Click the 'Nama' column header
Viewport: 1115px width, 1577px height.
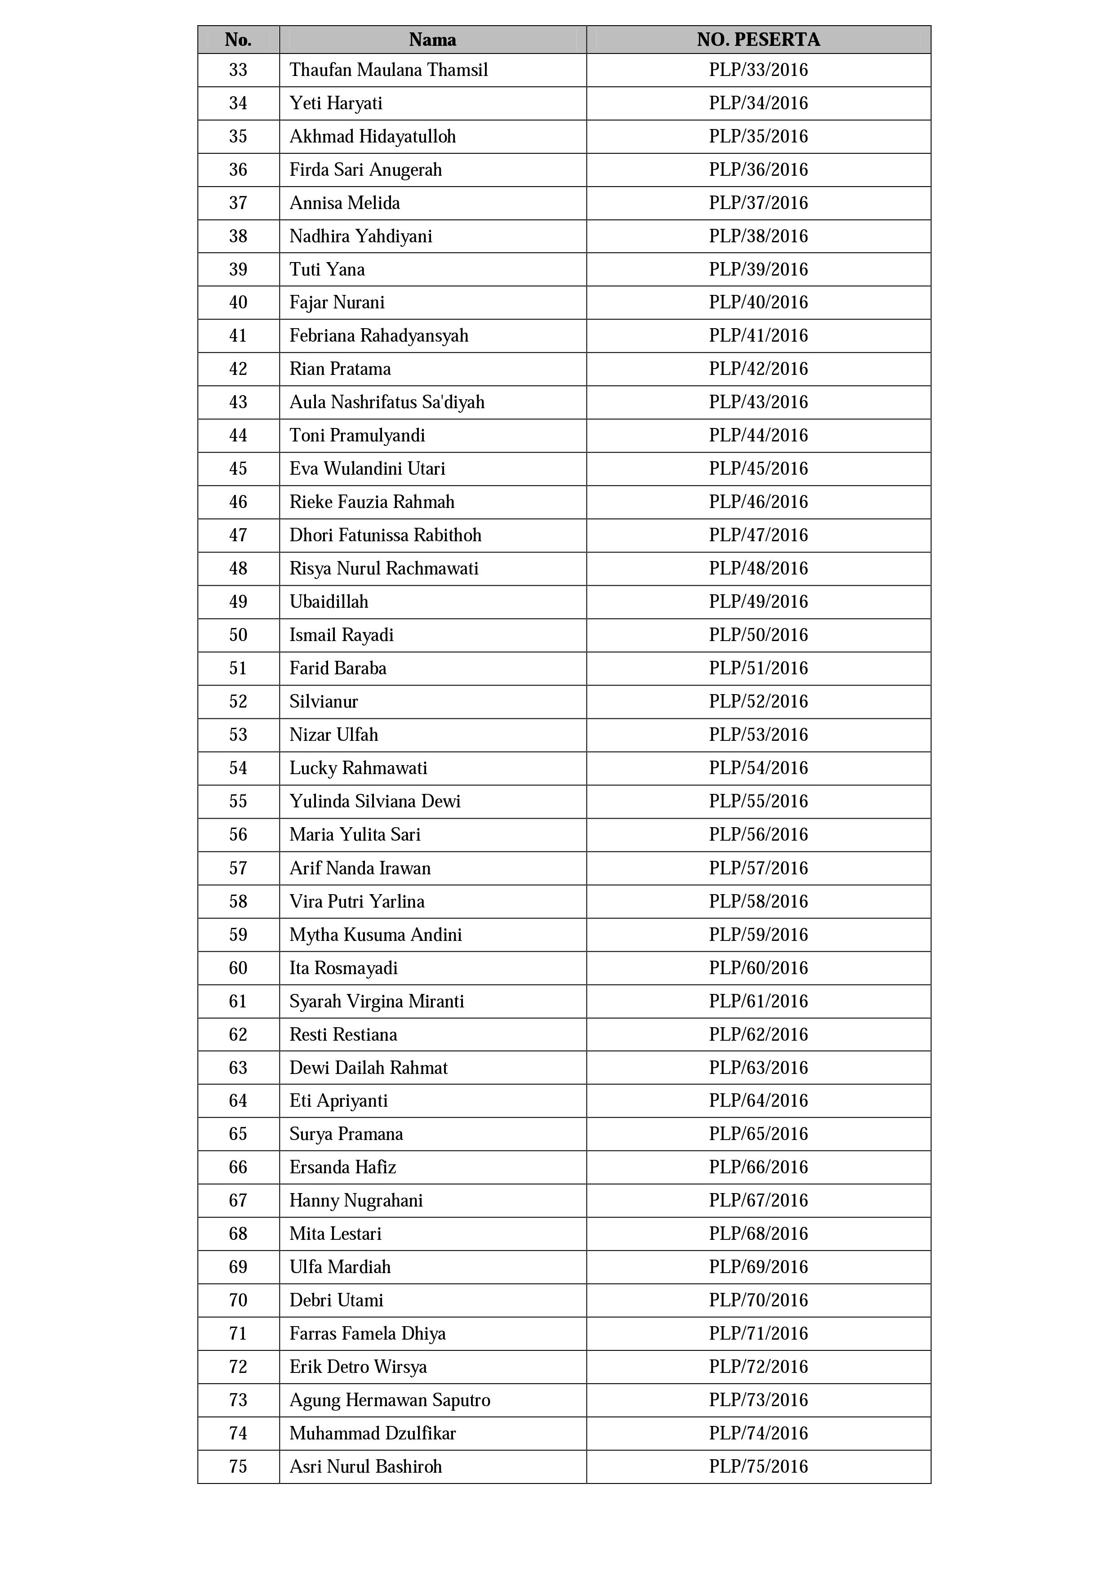(432, 40)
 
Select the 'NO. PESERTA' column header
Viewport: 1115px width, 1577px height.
(758, 40)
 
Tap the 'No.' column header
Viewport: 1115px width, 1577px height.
(238, 40)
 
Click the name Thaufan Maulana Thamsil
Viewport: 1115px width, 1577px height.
(389, 70)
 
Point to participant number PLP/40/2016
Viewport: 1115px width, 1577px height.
(758, 303)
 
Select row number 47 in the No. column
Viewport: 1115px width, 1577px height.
(238, 536)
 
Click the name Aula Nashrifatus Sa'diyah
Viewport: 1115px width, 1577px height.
(386, 402)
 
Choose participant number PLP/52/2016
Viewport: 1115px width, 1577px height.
(758, 702)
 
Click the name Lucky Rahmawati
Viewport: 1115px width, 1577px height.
(358, 769)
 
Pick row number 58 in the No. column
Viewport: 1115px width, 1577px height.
(238, 902)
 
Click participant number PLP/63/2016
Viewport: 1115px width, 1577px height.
(758, 1068)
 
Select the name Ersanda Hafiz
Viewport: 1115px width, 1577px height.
(342, 1167)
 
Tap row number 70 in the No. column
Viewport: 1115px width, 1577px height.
(238, 1301)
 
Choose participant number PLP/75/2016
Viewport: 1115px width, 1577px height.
(758, 1467)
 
